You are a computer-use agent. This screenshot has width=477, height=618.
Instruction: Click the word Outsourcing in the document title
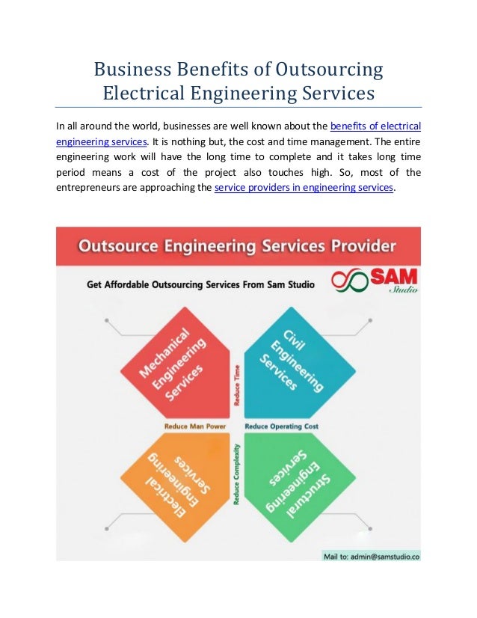329,71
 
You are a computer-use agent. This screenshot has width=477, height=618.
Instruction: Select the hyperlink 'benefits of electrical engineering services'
380,126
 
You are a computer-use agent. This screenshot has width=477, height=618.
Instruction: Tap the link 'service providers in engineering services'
304,188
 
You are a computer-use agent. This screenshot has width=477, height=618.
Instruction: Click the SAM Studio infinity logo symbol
348,282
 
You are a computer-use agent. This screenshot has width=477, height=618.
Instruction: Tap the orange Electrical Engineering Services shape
177,483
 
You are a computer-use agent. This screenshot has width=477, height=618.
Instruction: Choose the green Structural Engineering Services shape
298,483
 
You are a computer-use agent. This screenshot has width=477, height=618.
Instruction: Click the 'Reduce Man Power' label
195,426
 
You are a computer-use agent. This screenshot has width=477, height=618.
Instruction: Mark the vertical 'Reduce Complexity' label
237,473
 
